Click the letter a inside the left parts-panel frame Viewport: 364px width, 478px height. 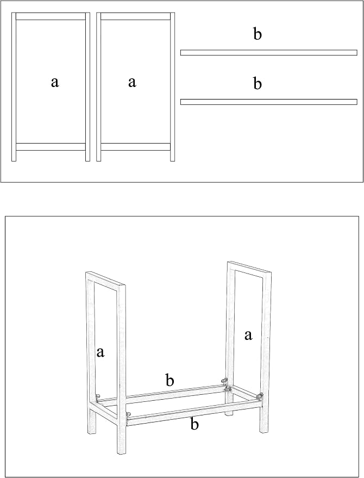click(55, 82)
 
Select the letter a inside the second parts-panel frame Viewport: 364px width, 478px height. click(132, 82)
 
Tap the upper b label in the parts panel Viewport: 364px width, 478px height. click(258, 34)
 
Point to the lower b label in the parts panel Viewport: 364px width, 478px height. click(258, 83)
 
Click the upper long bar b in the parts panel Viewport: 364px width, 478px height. click(269, 52)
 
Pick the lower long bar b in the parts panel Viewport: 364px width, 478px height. click(269, 102)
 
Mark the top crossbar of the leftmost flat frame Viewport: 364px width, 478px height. click(51, 16)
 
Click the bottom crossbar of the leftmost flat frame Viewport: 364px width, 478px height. click(51, 147)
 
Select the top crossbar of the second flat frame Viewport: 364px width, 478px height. click(135, 16)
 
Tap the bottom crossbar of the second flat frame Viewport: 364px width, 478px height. click(135, 147)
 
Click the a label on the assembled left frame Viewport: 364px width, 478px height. click(100, 352)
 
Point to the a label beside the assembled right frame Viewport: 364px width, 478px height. click(248, 336)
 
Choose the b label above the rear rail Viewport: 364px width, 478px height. click(170, 380)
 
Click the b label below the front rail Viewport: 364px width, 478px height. click(194, 424)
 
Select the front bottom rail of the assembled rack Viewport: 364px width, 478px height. click(194, 412)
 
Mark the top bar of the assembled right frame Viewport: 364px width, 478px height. click(249, 268)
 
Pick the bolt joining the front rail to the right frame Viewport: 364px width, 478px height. click(260, 396)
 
